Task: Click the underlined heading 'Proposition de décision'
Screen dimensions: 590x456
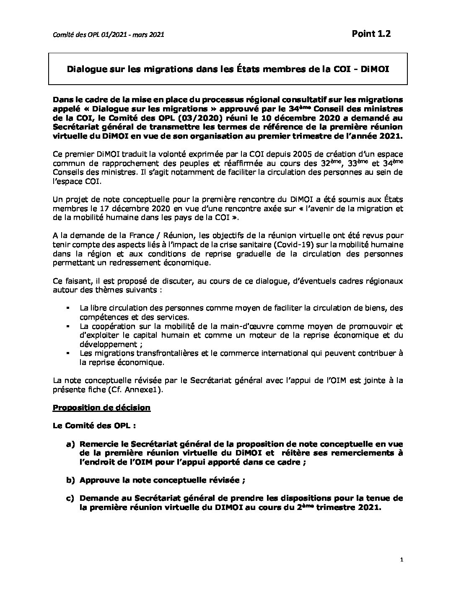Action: tap(102, 408)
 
